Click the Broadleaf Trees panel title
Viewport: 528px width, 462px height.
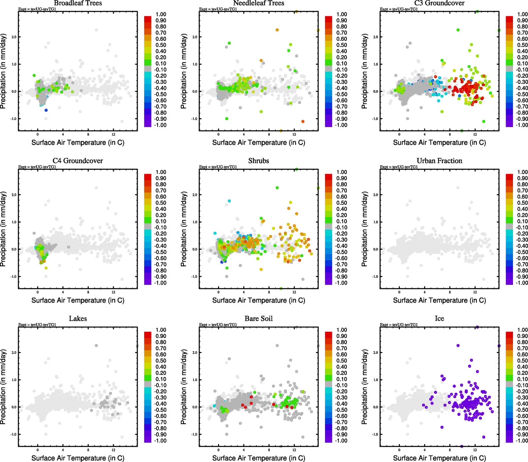point(78,3)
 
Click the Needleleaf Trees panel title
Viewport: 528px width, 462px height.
point(258,3)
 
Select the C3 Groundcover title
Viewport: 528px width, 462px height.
point(439,3)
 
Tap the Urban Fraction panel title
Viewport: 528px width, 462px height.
point(439,161)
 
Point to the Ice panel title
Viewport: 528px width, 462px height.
point(439,319)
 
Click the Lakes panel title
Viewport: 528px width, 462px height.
point(78,319)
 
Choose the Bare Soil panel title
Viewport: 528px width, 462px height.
point(258,319)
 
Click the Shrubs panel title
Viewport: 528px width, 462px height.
point(258,161)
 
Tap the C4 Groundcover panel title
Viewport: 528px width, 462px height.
point(78,161)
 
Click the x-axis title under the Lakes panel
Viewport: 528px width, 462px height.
point(78,458)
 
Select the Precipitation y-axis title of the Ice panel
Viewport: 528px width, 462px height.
point(365,387)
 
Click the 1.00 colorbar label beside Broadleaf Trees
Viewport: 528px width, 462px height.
point(161,14)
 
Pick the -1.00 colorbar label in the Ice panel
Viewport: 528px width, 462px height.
point(522,441)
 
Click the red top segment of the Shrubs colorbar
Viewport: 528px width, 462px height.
point(329,177)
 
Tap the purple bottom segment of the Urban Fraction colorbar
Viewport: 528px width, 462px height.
point(510,281)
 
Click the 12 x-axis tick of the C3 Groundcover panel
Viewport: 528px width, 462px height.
point(475,134)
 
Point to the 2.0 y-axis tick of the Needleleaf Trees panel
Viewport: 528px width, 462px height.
point(195,37)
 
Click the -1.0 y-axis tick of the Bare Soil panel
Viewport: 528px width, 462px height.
point(194,434)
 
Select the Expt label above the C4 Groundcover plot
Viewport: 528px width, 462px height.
point(37,167)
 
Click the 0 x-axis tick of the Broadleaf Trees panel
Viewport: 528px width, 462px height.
point(38,134)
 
